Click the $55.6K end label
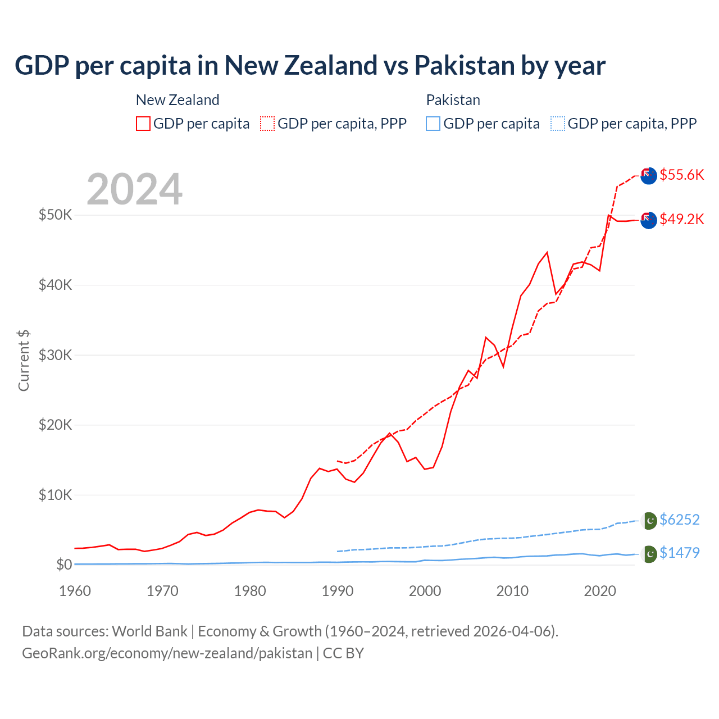click(x=681, y=175)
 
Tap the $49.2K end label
click(x=681, y=219)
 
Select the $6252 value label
click(x=679, y=520)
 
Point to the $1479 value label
click(x=679, y=553)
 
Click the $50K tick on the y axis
click(x=55, y=215)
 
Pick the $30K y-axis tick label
click(x=55, y=355)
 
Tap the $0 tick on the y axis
click(x=64, y=565)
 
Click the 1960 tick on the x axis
click(x=75, y=591)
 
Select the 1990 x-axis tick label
click(x=338, y=591)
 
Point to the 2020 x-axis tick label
click(x=600, y=591)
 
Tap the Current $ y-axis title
click(x=24, y=361)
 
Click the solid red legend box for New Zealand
click(x=143, y=124)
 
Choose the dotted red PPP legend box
click(x=267, y=124)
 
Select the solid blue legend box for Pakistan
click(x=433, y=124)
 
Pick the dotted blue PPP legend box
click(x=558, y=124)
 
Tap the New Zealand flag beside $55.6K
click(x=648, y=175)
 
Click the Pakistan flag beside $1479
click(x=649, y=554)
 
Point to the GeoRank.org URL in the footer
click(x=167, y=653)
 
